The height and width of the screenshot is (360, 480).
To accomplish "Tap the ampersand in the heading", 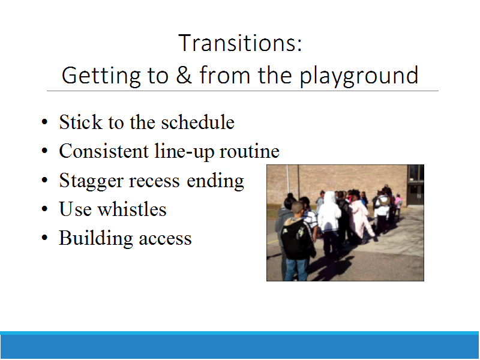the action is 184,74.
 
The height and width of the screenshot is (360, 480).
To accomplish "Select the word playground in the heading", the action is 359,77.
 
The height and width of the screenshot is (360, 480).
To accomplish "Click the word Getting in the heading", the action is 101,77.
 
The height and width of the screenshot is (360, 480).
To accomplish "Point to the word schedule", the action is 198,122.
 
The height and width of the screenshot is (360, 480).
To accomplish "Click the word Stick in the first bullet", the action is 80,122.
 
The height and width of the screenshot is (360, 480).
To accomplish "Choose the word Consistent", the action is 104,151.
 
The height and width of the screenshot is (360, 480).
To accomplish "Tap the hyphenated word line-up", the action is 184,152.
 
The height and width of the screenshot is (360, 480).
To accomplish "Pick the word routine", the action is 250,151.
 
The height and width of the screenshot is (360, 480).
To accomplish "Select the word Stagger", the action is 91,181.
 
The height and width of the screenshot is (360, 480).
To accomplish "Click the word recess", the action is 154,181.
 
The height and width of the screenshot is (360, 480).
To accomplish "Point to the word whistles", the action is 131,209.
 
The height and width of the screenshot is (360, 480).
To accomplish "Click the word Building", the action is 95,239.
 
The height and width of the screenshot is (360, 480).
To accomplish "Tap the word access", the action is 165,239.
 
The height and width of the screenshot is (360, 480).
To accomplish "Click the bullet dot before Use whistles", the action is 44,209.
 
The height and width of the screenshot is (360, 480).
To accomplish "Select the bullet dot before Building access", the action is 44,238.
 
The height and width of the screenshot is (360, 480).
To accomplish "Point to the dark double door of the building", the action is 416,194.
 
